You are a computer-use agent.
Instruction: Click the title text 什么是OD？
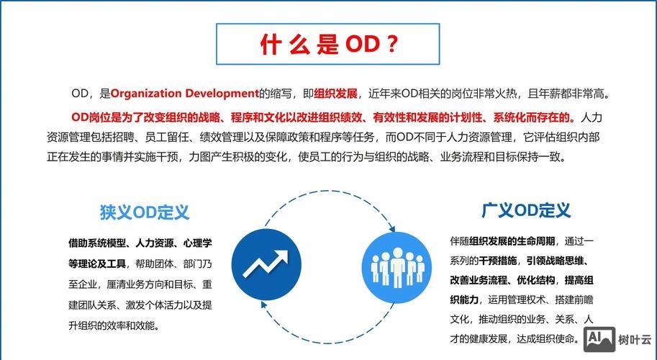(328, 45)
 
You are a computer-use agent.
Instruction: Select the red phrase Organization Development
(184, 94)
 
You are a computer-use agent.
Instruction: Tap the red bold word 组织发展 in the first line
(336, 94)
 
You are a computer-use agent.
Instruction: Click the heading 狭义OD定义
(145, 213)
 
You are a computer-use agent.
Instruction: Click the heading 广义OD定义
(526, 211)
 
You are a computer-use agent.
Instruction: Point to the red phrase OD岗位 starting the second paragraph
(89, 116)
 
